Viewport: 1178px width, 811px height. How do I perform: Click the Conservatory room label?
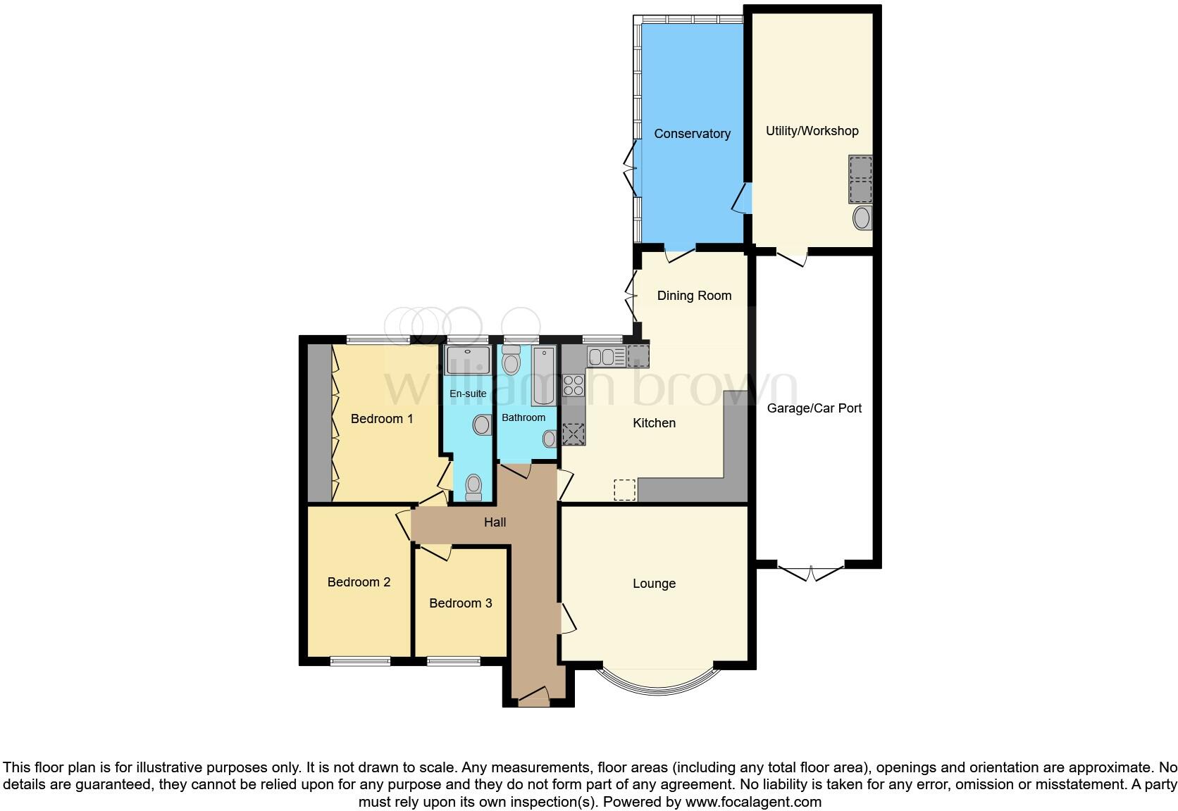[692, 134]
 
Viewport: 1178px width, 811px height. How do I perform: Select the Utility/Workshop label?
[812, 131]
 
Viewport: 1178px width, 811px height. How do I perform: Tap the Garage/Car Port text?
[814, 408]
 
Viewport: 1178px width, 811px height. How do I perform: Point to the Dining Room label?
[694, 296]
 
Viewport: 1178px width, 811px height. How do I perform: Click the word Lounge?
[654, 584]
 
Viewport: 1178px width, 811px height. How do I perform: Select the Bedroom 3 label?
[460, 603]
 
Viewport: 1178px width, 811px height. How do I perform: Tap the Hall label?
[495, 522]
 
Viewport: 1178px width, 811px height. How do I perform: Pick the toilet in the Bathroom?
[512, 361]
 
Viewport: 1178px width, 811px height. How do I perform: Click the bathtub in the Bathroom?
[544, 376]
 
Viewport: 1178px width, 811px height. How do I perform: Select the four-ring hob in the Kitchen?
[573, 385]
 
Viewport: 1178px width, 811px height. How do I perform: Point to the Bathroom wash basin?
[550, 439]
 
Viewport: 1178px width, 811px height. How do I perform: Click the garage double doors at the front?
[811, 572]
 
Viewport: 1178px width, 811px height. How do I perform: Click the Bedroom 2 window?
[360, 661]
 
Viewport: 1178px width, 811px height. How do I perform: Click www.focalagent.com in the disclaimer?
[752, 802]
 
